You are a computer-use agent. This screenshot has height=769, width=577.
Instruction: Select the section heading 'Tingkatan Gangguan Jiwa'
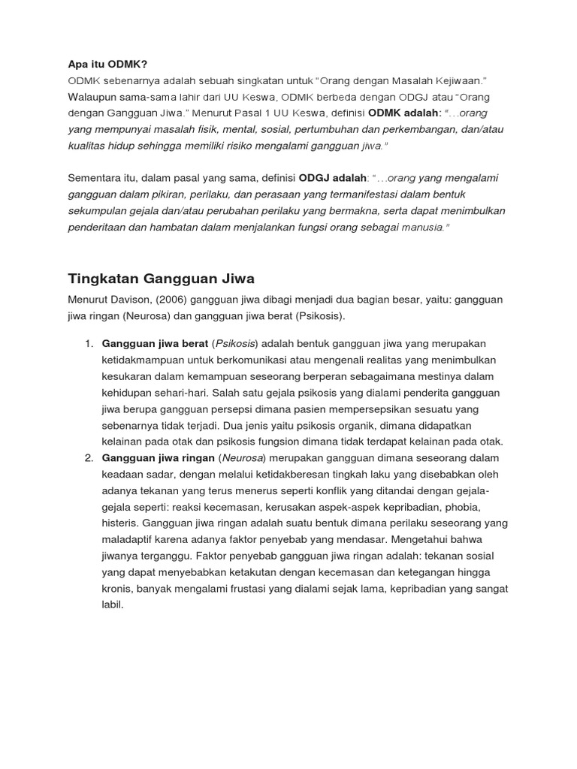point(162,279)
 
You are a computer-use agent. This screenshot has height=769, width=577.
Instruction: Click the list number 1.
point(88,343)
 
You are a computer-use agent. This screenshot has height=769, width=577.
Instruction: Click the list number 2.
point(88,458)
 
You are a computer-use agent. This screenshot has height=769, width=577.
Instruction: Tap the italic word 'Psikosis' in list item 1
point(235,343)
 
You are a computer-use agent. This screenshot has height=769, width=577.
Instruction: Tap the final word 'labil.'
point(112,605)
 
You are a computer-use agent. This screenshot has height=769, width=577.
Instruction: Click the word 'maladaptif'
point(129,539)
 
